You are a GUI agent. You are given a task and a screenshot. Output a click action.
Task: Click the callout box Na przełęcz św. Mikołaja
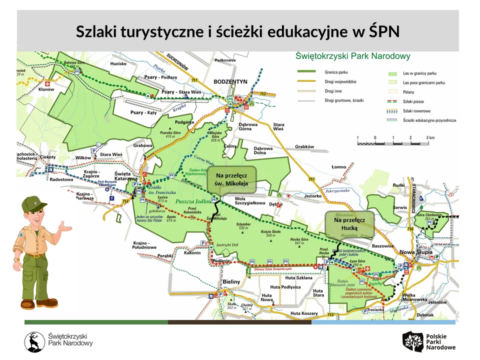[x=231, y=179]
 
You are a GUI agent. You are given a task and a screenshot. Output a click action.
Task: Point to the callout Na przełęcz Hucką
[x=349, y=223]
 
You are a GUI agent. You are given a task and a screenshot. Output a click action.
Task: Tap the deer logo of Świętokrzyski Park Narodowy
[x=34, y=341]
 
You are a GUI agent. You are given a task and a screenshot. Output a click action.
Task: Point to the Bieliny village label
[x=231, y=282]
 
